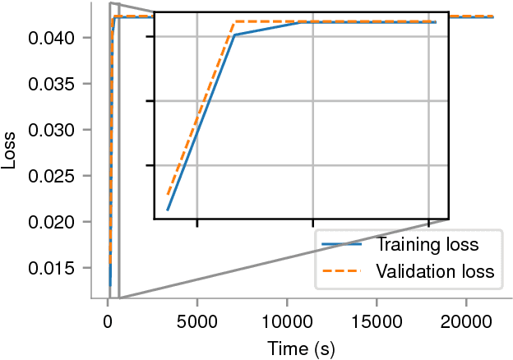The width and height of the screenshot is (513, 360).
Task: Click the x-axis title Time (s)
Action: (x=301, y=348)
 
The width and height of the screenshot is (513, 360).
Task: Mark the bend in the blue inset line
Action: (x=234, y=35)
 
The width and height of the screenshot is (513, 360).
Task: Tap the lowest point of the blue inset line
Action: (x=167, y=210)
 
